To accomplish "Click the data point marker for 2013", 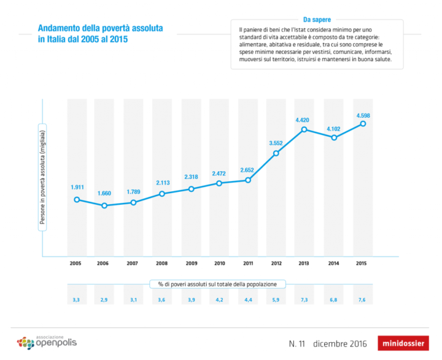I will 304,129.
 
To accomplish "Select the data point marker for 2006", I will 104,205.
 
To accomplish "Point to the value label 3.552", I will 276,143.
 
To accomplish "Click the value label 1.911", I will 77,186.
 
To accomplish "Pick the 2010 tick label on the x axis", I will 219,263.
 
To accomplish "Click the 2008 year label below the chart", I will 161,263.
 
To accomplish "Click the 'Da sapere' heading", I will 317,20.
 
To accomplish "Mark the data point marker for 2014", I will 334,137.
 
